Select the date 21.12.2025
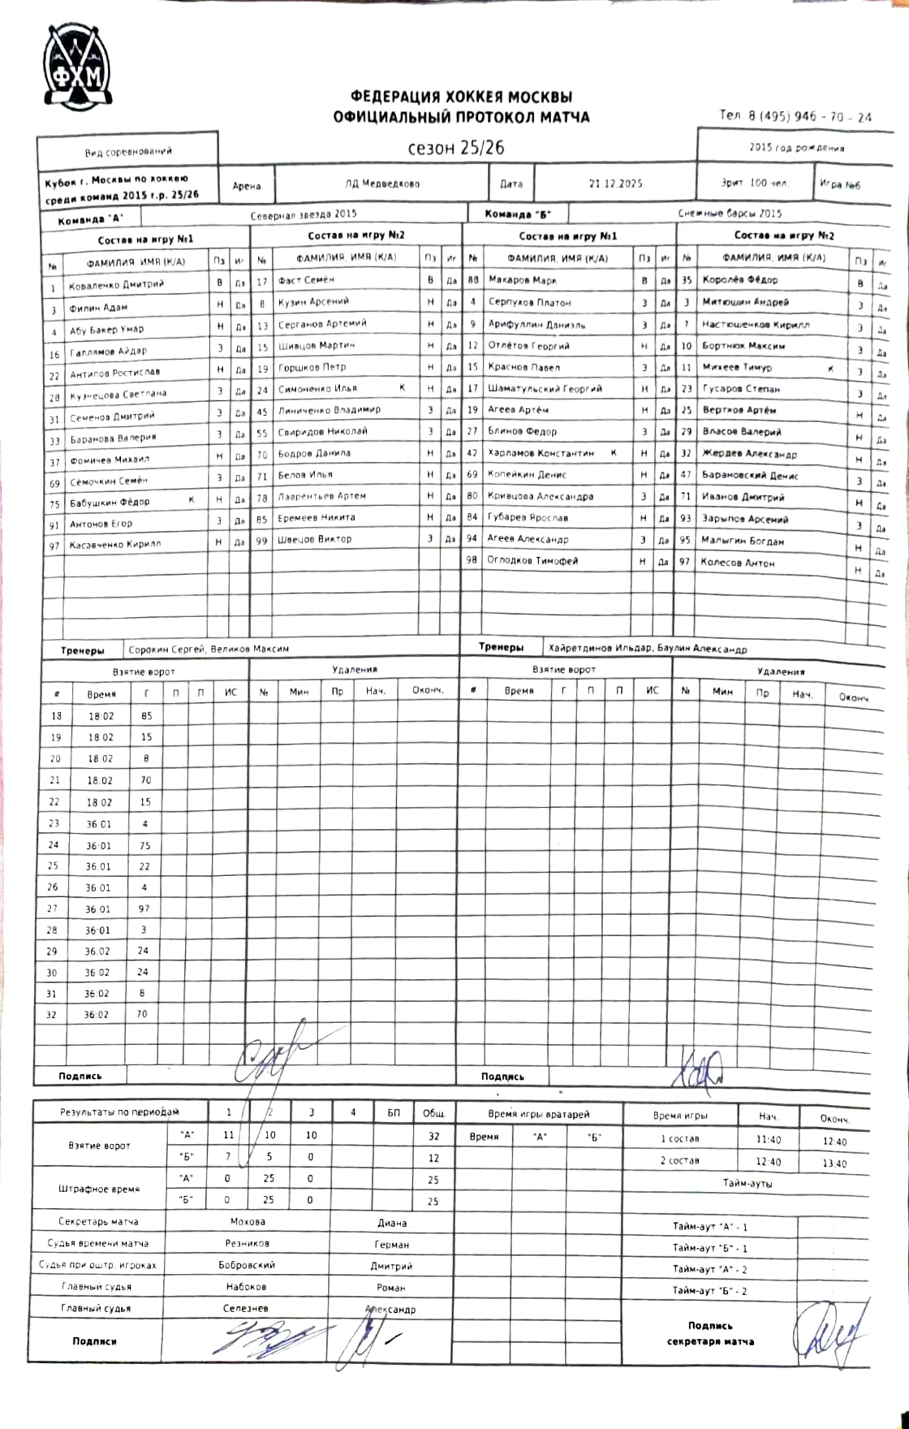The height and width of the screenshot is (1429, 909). click(615, 184)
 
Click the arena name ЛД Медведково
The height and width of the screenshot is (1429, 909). click(382, 184)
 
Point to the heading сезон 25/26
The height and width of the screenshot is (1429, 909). click(456, 148)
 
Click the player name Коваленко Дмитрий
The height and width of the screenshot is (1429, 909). click(117, 285)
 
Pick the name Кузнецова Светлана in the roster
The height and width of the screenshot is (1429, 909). click(118, 394)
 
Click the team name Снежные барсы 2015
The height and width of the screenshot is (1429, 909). click(730, 213)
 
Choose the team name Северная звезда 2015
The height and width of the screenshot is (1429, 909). click(303, 214)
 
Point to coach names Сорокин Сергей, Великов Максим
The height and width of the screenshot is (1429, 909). click(208, 649)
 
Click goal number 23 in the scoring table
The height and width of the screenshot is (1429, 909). click(54, 823)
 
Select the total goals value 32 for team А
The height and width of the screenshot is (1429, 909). click(433, 1136)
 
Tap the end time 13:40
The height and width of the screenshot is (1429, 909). click(834, 1163)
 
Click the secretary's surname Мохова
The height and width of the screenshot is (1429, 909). click(247, 1222)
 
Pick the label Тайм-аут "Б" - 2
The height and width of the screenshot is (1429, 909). click(709, 1291)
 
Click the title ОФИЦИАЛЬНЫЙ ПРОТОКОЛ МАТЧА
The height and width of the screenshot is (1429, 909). click(461, 118)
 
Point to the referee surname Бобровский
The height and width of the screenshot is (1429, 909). click(246, 1265)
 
